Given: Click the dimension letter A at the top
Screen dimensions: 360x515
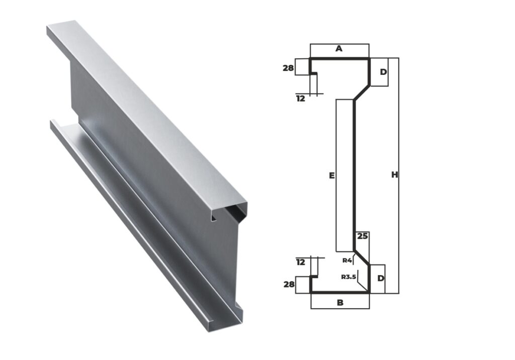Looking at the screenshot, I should pyautogui.click(x=339, y=49).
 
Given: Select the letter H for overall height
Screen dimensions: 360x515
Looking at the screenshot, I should pyautogui.click(x=395, y=175).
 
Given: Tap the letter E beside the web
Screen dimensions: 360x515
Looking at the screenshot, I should pyautogui.click(x=331, y=175).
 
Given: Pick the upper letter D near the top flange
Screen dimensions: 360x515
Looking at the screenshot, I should pyautogui.click(x=383, y=72).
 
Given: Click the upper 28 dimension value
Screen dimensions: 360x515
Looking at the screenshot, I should pyautogui.click(x=288, y=68).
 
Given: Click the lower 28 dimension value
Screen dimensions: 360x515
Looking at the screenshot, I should pyautogui.click(x=289, y=285).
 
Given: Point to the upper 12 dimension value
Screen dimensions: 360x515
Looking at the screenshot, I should pyautogui.click(x=301, y=99).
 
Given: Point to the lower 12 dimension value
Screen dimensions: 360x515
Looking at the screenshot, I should pyautogui.click(x=301, y=262).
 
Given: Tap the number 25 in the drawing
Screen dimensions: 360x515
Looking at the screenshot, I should pyautogui.click(x=362, y=236).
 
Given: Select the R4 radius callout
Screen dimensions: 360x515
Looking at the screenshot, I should pyautogui.click(x=347, y=260).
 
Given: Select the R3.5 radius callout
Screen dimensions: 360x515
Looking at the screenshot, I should pyautogui.click(x=348, y=277).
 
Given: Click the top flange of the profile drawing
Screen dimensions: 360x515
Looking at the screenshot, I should pyautogui.click(x=339, y=59).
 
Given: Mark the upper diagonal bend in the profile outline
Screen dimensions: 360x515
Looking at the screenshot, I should pyautogui.click(x=362, y=93).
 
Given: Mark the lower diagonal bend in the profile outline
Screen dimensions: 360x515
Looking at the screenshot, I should pyautogui.click(x=362, y=257).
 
